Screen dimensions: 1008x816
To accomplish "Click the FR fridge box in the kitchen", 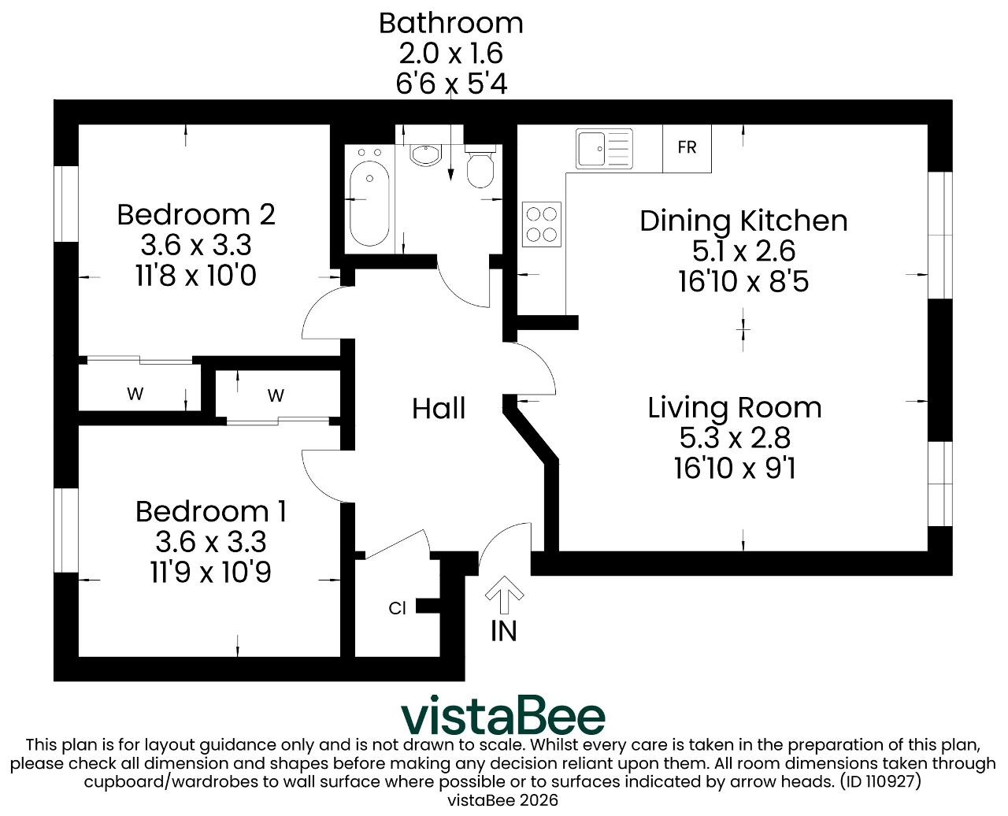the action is [687, 148].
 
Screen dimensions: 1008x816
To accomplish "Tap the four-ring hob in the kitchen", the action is [541, 224].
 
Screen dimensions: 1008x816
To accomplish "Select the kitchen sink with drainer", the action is [604, 149].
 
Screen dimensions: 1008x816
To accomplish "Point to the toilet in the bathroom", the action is [480, 166].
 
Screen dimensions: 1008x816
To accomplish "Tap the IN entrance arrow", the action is [505, 595].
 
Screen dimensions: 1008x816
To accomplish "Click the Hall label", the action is [439, 409].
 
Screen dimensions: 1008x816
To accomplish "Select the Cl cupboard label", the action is [397, 608].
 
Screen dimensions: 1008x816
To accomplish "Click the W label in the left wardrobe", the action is [135, 393].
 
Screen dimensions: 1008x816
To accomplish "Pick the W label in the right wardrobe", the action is [276, 395].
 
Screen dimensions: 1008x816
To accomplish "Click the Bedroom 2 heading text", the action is [196, 214].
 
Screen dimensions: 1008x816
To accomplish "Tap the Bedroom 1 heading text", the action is [211, 511].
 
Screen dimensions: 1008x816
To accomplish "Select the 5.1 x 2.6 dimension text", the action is [743, 250].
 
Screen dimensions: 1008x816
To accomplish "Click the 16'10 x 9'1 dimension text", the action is [735, 469].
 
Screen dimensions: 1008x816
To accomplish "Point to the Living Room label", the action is [735, 407].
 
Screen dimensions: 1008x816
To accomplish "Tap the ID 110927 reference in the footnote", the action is [880, 781].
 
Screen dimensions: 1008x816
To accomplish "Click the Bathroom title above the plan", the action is [451, 23].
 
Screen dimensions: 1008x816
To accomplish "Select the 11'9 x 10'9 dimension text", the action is [211, 572].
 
